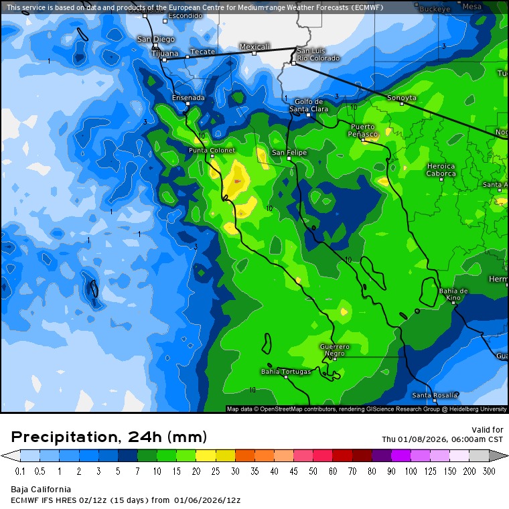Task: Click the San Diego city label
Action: [x=155, y=39]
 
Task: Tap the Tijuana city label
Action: [x=165, y=53]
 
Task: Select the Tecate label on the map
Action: [x=202, y=52]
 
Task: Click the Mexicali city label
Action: [x=254, y=47]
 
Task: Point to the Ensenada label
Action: [x=188, y=98]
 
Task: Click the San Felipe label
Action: [x=289, y=153]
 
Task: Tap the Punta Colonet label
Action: [x=212, y=151]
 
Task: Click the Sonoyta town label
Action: [x=402, y=98]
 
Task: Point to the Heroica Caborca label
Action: [x=441, y=170]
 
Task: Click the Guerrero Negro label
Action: [x=334, y=350]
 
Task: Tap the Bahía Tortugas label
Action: [x=286, y=371]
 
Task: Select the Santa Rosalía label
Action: [x=435, y=395]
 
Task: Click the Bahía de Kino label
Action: [x=453, y=294]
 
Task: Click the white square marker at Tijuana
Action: [x=163, y=60]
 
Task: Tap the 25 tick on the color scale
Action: [x=215, y=471]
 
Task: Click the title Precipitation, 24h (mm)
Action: [x=109, y=437]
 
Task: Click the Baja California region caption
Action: [x=41, y=490]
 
